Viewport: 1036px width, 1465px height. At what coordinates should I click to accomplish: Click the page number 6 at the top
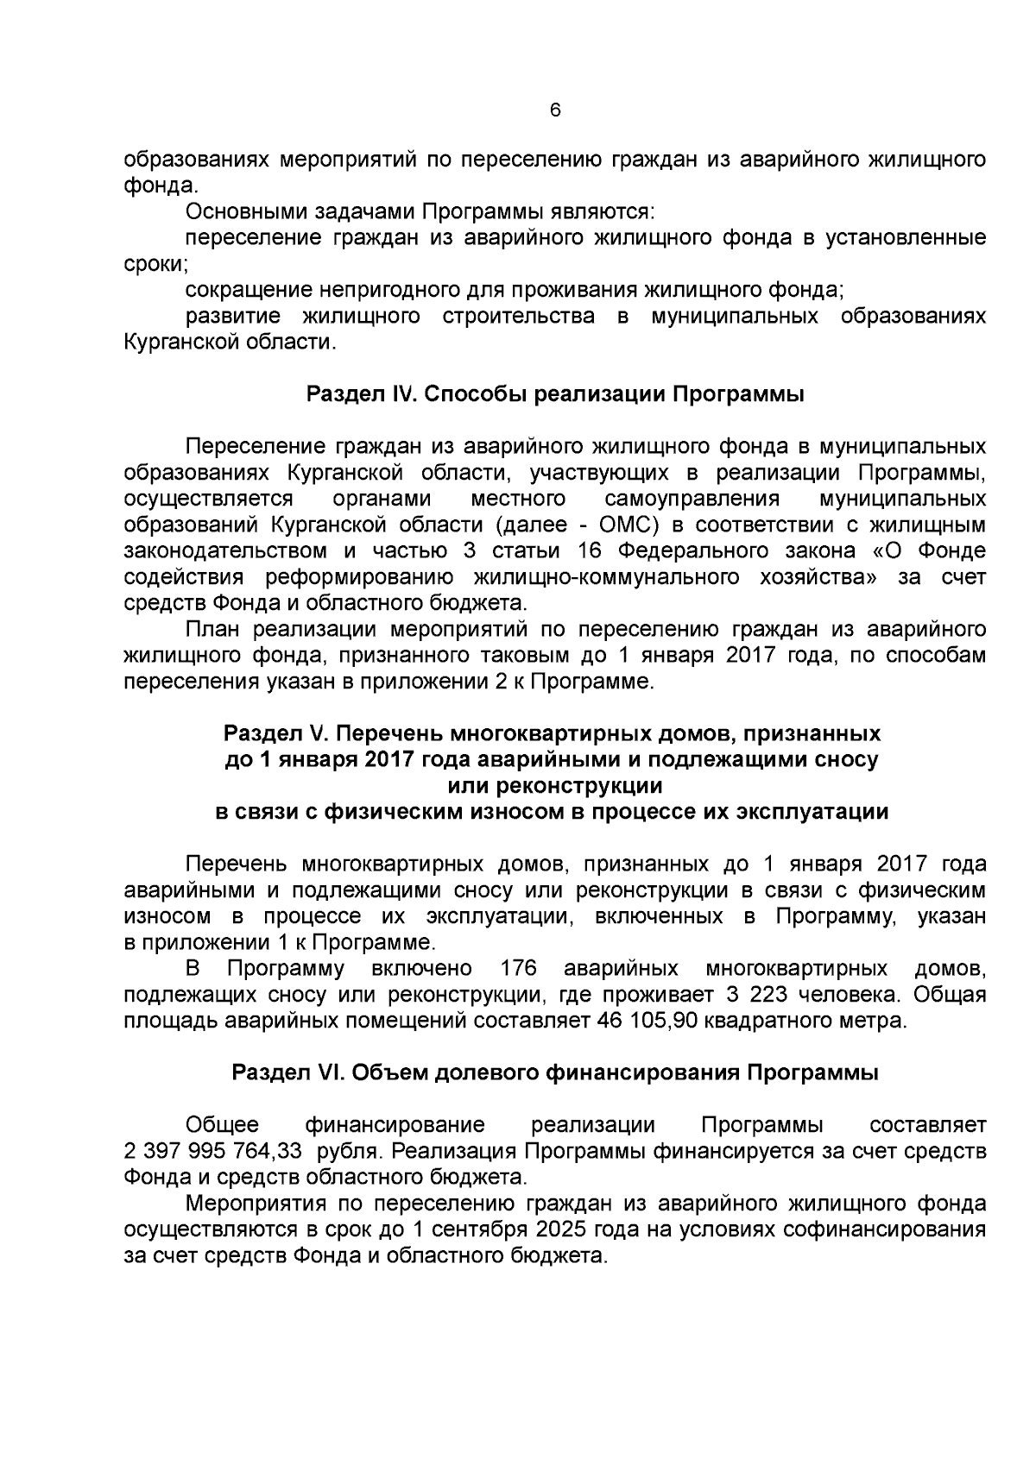555,110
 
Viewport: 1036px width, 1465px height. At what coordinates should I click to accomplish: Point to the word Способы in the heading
477,395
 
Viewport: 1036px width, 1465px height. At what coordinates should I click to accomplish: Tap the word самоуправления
692,499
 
